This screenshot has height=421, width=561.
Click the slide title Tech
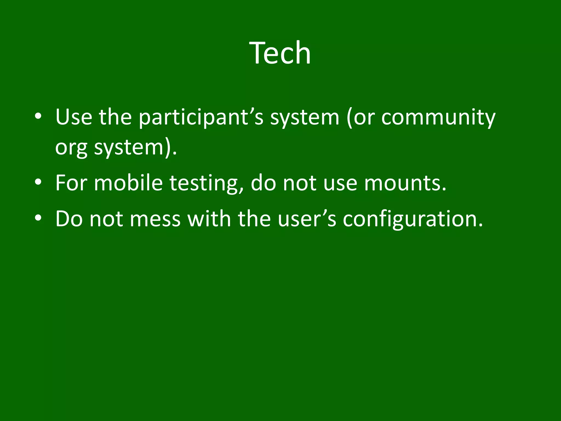pyautogui.click(x=280, y=53)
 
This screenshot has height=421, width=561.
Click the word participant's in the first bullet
pyautogui.click(x=201, y=118)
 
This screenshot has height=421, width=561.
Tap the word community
pyautogui.click(x=438, y=118)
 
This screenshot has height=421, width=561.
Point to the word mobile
pyautogui.click(x=128, y=183)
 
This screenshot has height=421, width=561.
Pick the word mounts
pyautogui.click(x=405, y=183)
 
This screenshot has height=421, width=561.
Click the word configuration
pyautogui.click(x=413, y=219)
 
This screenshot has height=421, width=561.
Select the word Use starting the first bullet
pyautogui.click(x=74, y=117)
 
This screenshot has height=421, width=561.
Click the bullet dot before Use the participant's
pyautogui.click(x=38, y=116)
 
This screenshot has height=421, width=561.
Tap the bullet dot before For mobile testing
pyautogui.click(x=38, y=182)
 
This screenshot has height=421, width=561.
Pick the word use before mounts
pyautogui.click(x=340, y=183)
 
